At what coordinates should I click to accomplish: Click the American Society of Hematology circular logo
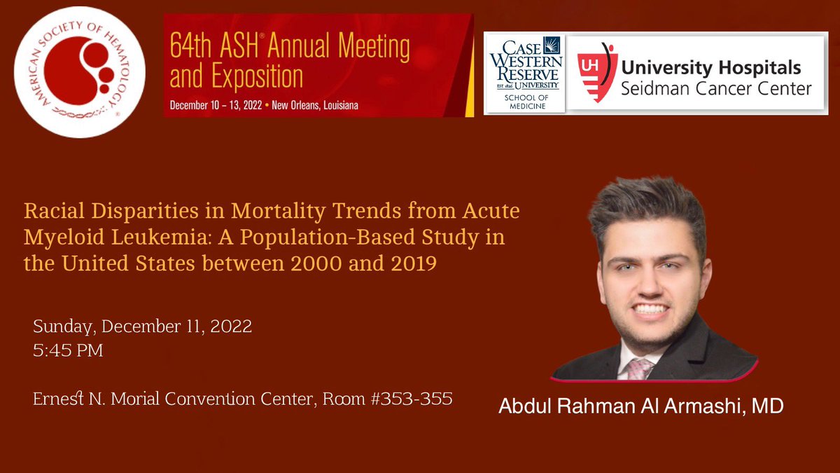click(83, 71)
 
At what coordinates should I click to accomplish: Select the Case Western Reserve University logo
click(524, 72)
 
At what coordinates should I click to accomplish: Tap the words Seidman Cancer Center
click(716, 89)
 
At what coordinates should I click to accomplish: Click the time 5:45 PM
click(69, 350)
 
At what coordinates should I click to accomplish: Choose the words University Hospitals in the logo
click(711, 68)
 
